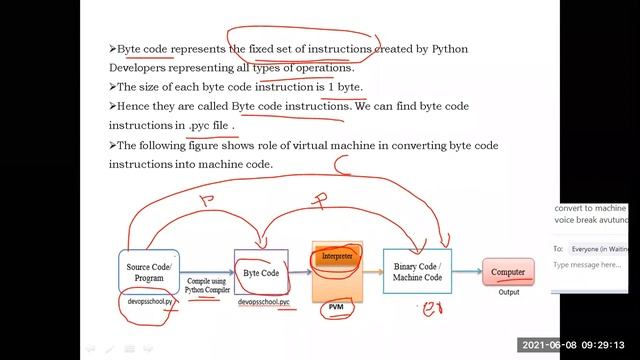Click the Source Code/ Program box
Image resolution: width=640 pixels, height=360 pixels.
coord(149,273)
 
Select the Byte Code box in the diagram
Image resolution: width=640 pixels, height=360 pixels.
coord(261,272)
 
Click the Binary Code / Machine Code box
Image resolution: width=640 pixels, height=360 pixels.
coord(418,271)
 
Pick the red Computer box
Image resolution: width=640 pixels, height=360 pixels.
coord(508,271)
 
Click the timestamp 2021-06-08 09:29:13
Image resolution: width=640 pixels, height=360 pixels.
coord(576,345)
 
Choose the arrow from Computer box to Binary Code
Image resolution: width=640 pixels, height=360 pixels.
coord(468,271)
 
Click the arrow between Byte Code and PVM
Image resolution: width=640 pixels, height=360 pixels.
coord(301,272)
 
